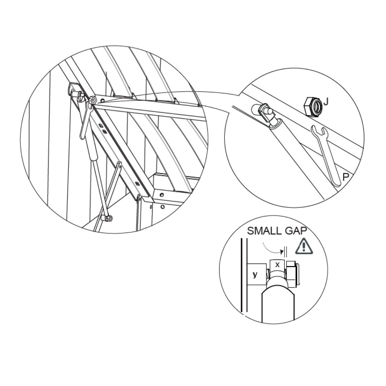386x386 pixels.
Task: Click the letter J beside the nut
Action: pyautogui.click(x=326, y=102)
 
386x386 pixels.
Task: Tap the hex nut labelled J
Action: pyautogui.click(x=313, y=107)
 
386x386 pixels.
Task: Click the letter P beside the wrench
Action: pyautogui.click(x=346, y=177)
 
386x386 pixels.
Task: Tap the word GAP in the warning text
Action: pyautogui.click(x=296, y=231)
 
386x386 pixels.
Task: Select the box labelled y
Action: pyautogui.click(x=256, y=274)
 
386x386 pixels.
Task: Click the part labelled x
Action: pyautogui.click(x=277, y=265)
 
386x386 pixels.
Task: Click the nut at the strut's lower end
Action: pyautogui.click(x=107, y=218)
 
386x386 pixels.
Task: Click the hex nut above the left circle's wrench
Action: pyautogui.click(x=93, y=100)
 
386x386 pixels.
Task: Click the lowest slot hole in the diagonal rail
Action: pyautogui.click(x=137, y=184)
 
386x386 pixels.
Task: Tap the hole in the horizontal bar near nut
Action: pyautogui.click(x=103, y=100)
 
